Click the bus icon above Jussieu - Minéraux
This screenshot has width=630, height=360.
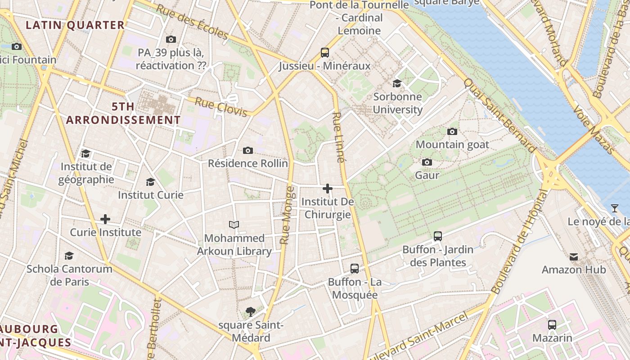tap(325, 52)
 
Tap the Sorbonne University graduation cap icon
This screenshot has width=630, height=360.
tap(397, 83)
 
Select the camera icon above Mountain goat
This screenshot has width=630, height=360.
tap(452, 131)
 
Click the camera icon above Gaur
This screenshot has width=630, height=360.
tap(427, 162)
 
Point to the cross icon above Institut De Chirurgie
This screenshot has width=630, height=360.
tap(328, 189)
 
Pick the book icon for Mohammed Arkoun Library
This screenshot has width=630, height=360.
tap(234, 225)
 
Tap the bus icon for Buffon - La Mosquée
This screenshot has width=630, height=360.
tap(355, 269)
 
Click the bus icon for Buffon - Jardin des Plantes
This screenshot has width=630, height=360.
tap(437, 236)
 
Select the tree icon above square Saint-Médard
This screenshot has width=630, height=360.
tap(251, 311)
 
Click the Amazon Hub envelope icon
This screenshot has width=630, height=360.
tap(574, 257)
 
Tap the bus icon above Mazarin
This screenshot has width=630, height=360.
tap(552, 324)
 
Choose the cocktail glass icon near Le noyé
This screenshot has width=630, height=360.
tap(615, 208)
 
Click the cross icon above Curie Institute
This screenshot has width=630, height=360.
tap(105, 219)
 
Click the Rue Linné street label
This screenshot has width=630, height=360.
tap(338, 137)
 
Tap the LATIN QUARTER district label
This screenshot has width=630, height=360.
tap(75, 25)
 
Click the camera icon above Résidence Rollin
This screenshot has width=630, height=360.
tap(247, 150)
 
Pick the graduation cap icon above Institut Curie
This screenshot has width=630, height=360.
tap(150, 182)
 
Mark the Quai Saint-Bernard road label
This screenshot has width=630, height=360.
tap(500, 116)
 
